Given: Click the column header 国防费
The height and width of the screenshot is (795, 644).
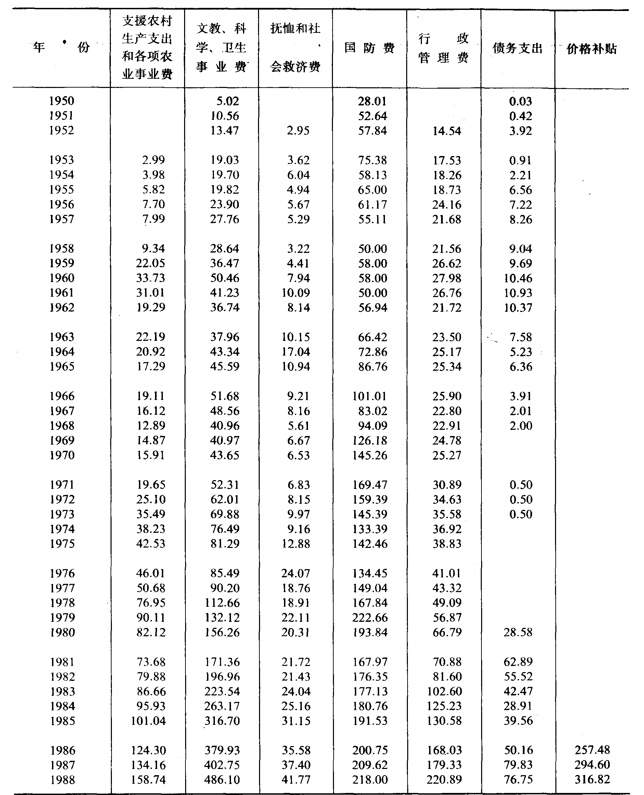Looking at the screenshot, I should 369,48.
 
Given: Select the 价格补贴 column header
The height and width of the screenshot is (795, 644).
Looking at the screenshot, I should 592,49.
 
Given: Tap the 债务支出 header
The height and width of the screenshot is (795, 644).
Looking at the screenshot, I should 517,48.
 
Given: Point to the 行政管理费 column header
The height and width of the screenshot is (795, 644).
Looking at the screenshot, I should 443,48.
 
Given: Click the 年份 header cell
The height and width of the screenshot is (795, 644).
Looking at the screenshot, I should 61,47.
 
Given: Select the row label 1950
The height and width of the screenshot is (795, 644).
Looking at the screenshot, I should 62,101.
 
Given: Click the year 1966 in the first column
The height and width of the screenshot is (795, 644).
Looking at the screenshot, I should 62,396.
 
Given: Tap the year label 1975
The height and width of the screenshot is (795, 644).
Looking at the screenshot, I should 62,543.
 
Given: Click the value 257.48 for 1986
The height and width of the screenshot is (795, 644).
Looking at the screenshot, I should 592,750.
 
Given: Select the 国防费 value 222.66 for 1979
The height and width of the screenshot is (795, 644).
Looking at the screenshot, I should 370,617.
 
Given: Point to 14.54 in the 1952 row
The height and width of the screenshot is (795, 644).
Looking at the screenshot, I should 447,131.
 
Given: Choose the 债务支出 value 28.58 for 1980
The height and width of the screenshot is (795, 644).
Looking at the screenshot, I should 518,632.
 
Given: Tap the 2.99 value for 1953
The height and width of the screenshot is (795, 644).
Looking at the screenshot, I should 154,159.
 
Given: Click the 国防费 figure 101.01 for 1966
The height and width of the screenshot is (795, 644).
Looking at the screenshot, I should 370,396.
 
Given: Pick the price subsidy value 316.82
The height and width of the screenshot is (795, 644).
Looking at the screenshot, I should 592,779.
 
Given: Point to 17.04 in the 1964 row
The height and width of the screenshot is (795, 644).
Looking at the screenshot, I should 296,352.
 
